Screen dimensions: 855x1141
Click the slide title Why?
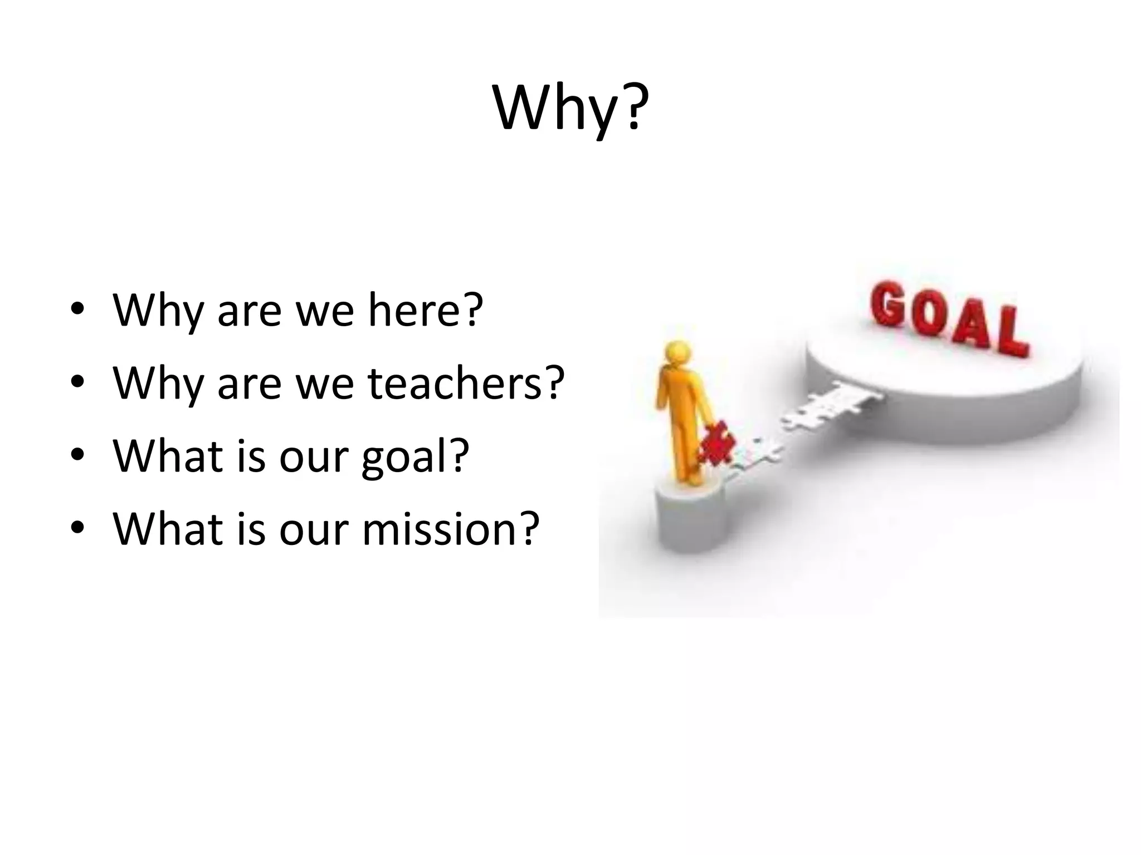tap(570, 109)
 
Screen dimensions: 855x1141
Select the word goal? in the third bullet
tap(416, 456)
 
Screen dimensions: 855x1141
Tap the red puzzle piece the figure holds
tap(716, 443)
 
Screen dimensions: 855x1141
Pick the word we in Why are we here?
tap(325, 311)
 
